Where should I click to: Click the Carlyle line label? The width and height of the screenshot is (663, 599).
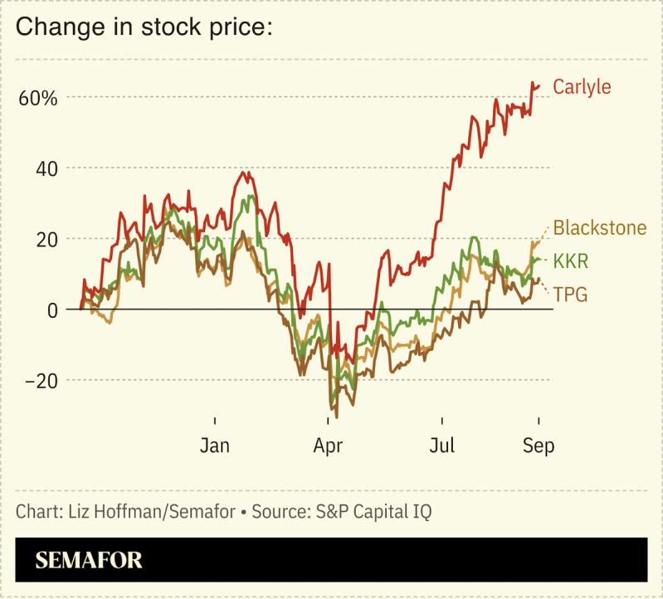[582, 86]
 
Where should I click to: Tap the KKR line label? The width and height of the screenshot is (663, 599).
[571, 262]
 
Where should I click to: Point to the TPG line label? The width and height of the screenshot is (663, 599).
[570, 295]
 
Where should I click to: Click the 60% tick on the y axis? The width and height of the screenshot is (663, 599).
[38, 98]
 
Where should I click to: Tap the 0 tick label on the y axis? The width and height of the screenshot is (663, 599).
[52, 310]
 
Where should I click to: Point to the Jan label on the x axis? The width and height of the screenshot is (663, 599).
[215, 446]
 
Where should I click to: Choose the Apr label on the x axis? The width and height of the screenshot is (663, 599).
[329, 446]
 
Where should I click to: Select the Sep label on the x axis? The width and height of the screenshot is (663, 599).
[539, 446]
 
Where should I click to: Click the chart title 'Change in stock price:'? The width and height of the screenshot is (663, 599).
[144, 27]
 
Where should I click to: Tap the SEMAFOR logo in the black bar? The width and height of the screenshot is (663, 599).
[89, 560]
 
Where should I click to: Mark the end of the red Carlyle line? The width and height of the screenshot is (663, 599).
[539, 85]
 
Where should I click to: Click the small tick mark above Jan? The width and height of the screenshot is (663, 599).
[215, 421]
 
